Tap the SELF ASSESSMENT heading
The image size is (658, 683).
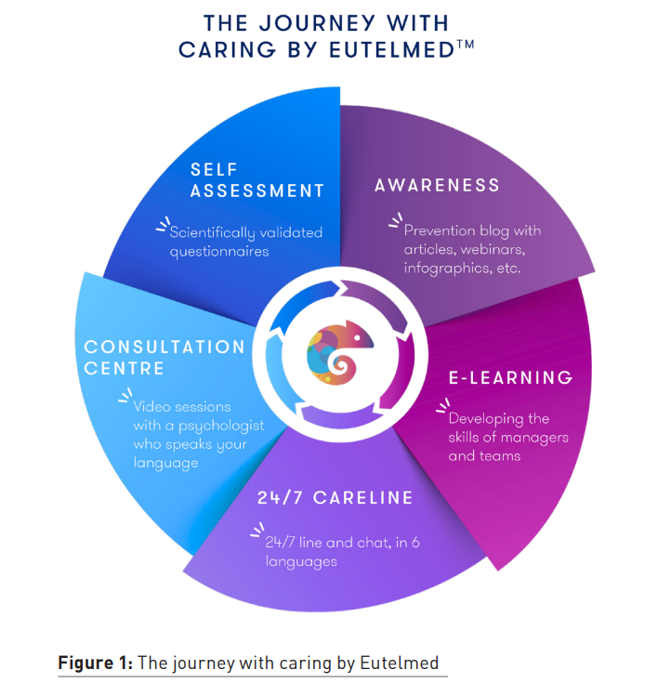pyautogui.click(x=257, y=180)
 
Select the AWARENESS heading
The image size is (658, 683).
pyautogui.click(x=437, y=186)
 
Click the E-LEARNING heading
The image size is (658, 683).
pyautogui.click(x=510, y=378)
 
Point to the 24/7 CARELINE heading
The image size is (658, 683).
pyautogui.click(x=335, y=498)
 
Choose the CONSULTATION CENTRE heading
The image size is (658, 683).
pyautogui.click(x=164, y=357)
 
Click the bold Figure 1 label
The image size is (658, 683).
pyautogui.click(x=97, y=663)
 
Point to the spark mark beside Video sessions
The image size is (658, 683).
pyautogui.click(x=124, y=397)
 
